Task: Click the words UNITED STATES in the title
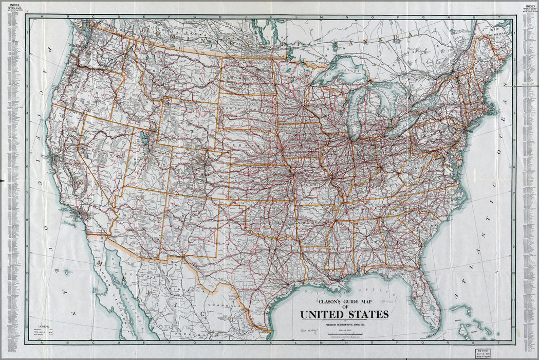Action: (344, 314)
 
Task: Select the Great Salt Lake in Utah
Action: (145, 138)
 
